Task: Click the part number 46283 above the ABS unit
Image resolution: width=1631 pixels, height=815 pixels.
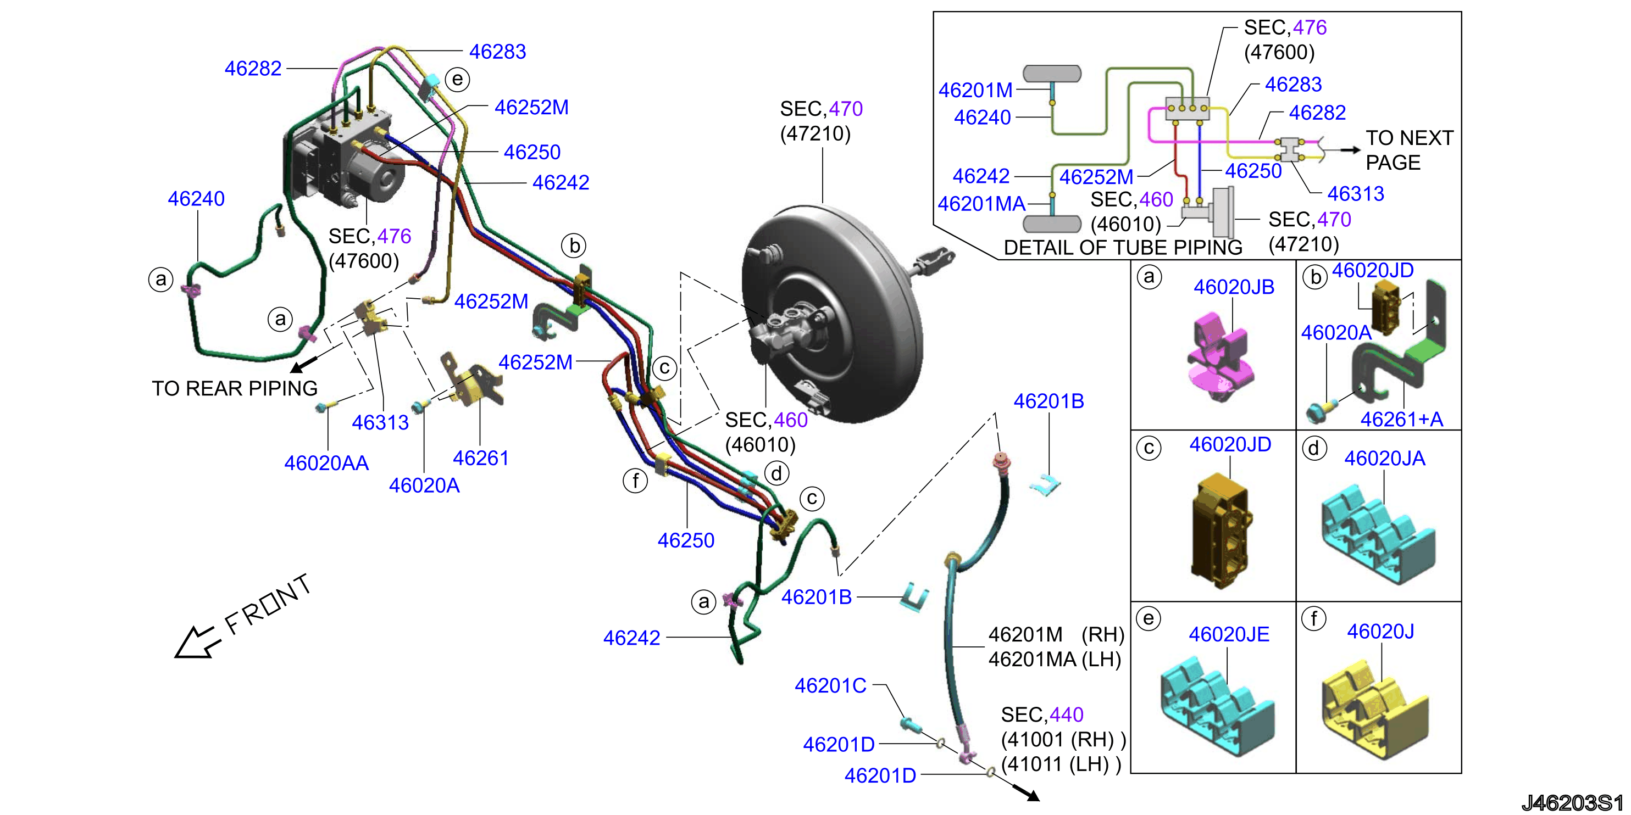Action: pyautogui.click(x=498, y=52)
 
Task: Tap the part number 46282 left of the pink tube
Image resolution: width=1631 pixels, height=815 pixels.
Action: pyautogui.click(x=253, y=68)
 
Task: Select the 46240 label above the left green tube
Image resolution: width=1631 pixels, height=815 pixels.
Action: pyautogui.click(x=196, y=199)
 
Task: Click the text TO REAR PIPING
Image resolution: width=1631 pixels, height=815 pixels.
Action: pyautogui.click(x=235, y=388)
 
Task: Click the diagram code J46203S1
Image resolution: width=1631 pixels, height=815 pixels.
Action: pyautogui.click(x=1573, y=802)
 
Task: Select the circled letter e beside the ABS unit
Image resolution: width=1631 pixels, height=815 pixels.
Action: pyautogui.click(x=457, y=80)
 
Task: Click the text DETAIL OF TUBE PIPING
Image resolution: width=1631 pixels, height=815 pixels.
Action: pyautogui.click(x=1123, y=247)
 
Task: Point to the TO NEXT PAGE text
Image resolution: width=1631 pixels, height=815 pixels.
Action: pyautogui.click(x=1410, y=150)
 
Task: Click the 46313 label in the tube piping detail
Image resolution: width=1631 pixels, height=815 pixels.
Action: pyautogui.click(x=1356, y=194)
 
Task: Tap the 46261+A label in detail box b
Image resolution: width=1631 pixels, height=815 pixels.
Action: pyautogui.click(x=1402, y=420)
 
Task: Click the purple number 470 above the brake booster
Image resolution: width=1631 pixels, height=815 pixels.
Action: pyautogui.click(x=846, y=109)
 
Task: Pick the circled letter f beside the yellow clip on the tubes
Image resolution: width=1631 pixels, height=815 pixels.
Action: pyautogui.click(x=635, y=481)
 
